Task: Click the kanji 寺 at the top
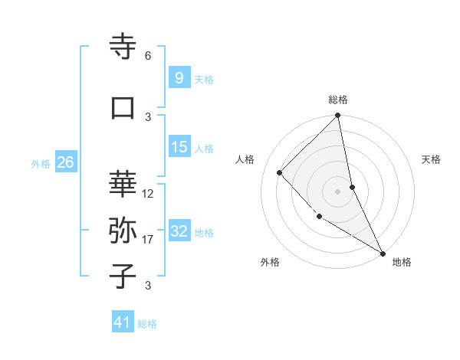coord(123,47)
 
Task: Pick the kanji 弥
coord(123,230)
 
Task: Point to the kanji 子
coord(123,277)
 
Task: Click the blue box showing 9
coord(179,77)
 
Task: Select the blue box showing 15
coord(179,147)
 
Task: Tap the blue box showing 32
coord(179,231)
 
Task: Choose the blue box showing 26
coord(65,162)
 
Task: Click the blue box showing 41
coord(123,322)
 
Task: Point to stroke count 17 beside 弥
coord(148,240)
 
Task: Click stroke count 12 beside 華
coord(148,194)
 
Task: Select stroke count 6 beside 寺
coord(148,56)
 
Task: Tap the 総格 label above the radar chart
coord(338,100)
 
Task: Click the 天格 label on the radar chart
coord(431,159)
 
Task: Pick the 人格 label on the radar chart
coord(245,159)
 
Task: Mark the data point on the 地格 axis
coord(382,252)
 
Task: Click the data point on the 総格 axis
coord(338,116)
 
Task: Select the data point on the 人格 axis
coord(280,172)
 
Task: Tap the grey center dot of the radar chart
coord(338,191)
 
